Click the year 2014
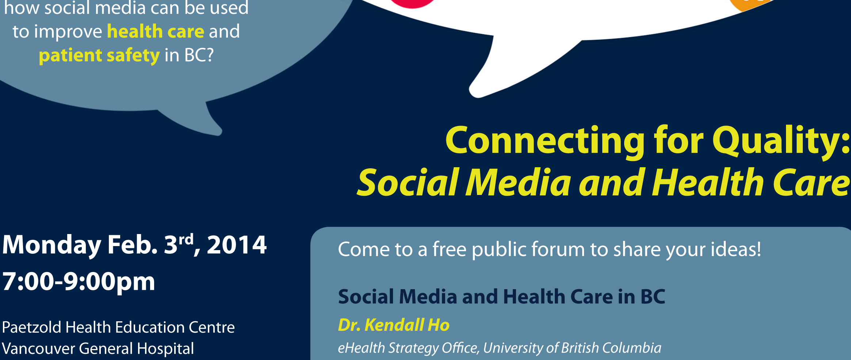(237, 245)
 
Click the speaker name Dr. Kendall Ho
(394, 325)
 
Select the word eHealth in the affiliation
(361, 348)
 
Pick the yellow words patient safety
(99, 56)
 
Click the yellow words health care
(156, 31)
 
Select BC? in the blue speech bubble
(199, 55)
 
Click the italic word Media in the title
(518, 183)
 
